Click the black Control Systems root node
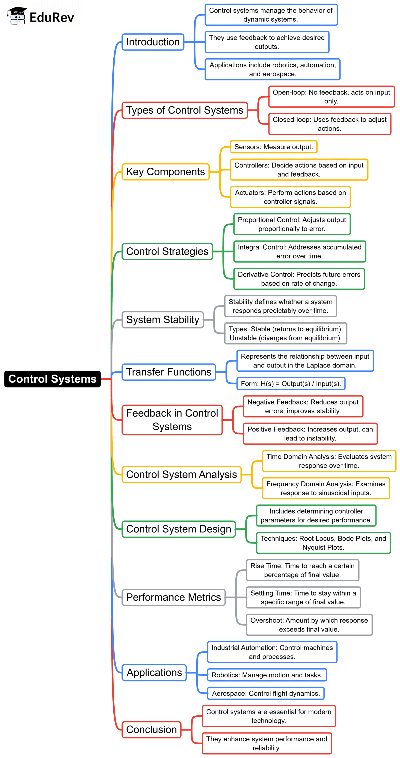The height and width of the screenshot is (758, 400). [53, 379]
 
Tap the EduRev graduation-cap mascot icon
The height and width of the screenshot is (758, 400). [17, 16]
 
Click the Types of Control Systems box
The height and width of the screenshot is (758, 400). [185, 110]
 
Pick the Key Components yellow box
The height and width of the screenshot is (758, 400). [166, 172]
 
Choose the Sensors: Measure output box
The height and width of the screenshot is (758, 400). [273, 147]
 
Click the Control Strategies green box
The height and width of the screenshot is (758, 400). [167, 251]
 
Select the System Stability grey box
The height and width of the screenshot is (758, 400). [163, 320]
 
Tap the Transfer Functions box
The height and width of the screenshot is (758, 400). [169, 372]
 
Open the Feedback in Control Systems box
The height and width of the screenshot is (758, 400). [172, 420]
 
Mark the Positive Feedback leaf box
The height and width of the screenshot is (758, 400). [310, 433]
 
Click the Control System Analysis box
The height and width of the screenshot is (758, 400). [181, 474]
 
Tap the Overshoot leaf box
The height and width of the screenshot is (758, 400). [309, 624]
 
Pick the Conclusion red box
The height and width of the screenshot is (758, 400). [151, 730]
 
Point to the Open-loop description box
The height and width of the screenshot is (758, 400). [331, 97]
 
